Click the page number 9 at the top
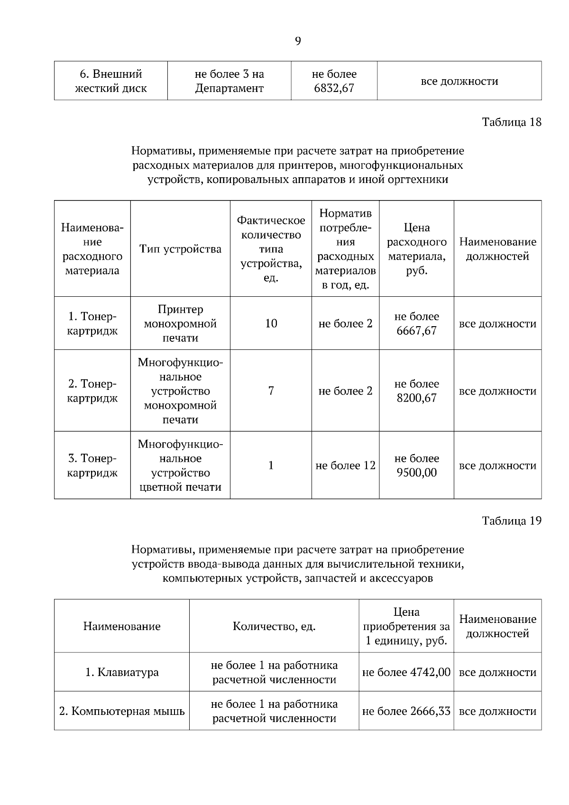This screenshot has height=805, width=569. click(x=298, y=41)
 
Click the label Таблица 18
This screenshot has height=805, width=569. click(x=511, y=122)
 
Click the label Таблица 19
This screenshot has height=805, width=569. click(x=511, y=521)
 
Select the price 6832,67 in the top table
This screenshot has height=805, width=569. click(x=334, y=88)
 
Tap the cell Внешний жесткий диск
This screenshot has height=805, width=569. click(x=111, y=81)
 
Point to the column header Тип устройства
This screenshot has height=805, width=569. click(x=180, y=249)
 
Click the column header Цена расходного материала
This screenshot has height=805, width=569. click(x=416, y=249)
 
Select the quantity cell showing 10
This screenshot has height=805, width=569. click(x=271, y=323)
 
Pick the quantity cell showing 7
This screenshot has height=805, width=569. click(x=271, y=391)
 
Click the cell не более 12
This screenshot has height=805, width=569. click(x=345, y=466)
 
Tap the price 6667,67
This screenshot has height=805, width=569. click(x=416, y=330)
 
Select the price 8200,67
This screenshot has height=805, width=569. click(x=416, y=398)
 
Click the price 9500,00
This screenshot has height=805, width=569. click(x=416, y=473)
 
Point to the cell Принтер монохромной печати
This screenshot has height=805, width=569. click(x=180, y=323)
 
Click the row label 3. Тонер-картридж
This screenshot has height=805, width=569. click(x=92, y=466)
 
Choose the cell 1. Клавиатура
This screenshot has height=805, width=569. click(x=122, y=672)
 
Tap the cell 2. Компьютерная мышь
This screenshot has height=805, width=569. click(x=122, y=711)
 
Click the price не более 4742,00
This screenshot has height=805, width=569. click(x=406, y=672)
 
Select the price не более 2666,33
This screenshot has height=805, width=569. click(x=406, y=711)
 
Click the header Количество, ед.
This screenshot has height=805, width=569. click(x=274, y=626)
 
